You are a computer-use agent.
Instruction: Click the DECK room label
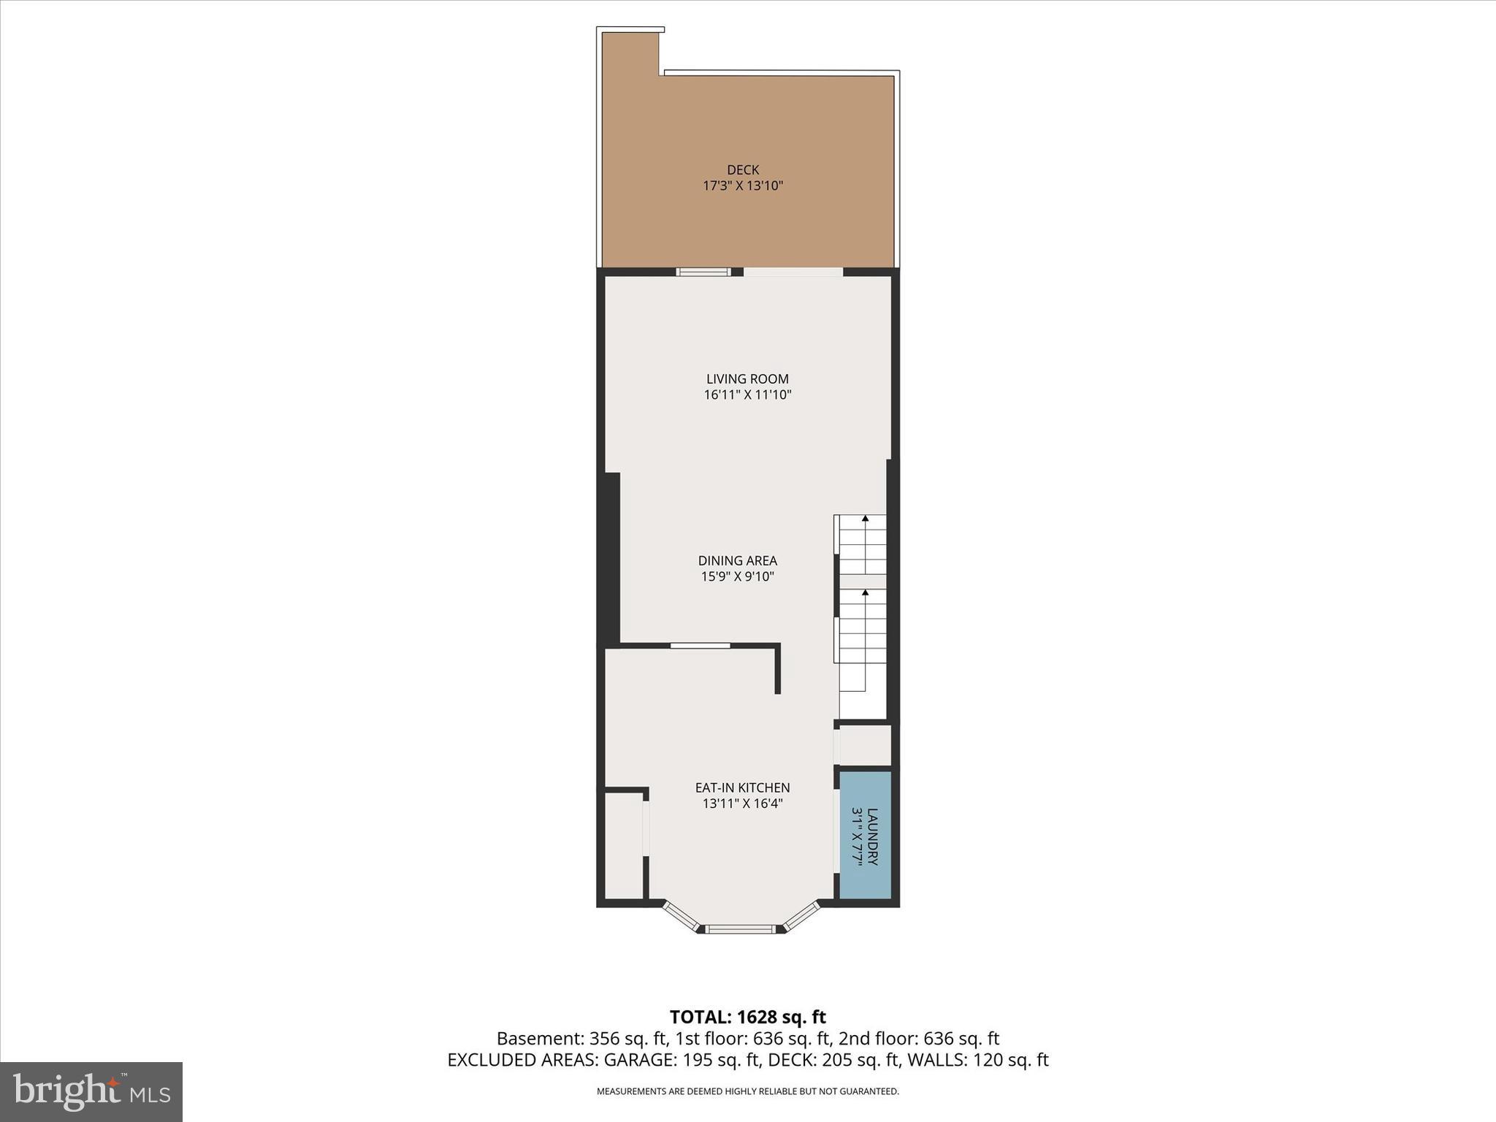(743, 170)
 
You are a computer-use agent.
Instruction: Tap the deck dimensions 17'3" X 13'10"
(743, 186)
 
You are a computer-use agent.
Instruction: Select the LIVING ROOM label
(747, 379)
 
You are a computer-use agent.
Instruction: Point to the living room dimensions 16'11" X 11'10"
(747, 395)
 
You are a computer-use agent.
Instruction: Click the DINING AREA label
(737, 561)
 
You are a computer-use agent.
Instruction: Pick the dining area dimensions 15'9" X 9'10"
(737, 576)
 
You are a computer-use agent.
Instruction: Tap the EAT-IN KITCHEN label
(742, 788)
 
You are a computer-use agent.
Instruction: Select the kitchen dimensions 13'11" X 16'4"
(742, 804)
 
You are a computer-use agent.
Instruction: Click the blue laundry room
(865, 834)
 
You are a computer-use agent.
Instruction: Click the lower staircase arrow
(866, 593)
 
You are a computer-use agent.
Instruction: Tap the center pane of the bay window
(741, 929)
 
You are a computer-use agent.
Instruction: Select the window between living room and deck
(703, 272)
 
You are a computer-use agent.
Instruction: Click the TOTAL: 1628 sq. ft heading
(747, 1017)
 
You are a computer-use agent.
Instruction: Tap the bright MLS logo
(91, 1091)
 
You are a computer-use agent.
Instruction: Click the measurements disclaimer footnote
(747, 1091)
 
